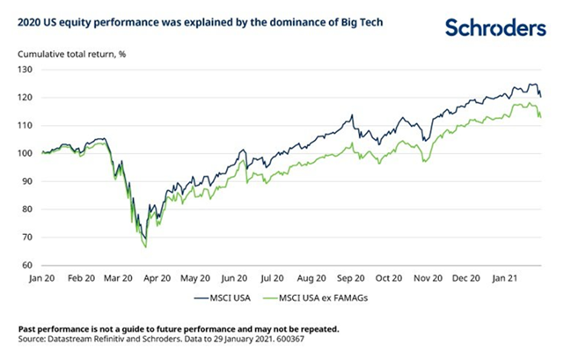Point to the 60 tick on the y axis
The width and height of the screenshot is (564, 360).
tap(25, 265)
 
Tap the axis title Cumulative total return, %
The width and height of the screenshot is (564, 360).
tap(71, 54)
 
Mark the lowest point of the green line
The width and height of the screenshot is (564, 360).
tap(145, 247)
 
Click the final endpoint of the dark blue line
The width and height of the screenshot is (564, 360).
tap(540, 96)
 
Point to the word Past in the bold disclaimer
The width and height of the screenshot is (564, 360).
tap(28, 326)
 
